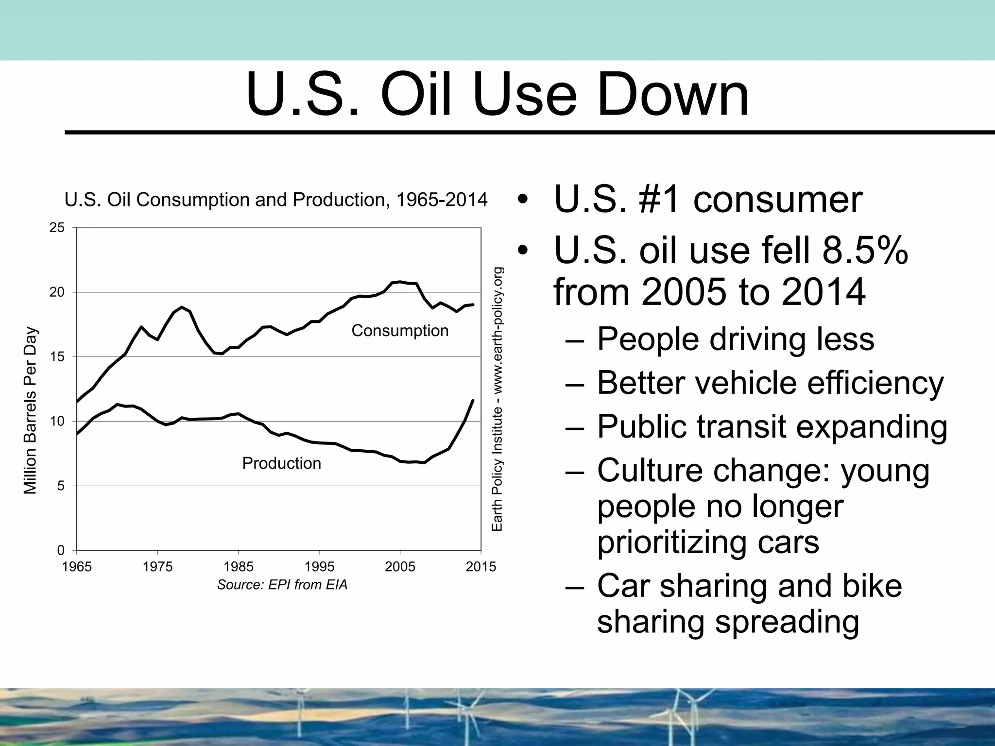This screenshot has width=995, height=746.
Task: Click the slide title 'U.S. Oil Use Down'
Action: point(497,95)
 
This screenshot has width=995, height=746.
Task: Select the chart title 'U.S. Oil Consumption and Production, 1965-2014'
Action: point(276,200)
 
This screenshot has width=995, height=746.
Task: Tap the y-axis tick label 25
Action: point(57,228)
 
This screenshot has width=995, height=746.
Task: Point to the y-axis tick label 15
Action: point(57,357)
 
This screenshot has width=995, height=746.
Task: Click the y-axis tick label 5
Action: point(61,486)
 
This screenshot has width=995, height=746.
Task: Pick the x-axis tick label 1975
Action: point(158,567)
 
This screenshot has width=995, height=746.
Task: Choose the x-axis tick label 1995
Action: point(319,567)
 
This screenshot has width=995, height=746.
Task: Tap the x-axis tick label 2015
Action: point(481,567)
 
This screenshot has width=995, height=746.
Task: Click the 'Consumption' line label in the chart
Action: point(400,331)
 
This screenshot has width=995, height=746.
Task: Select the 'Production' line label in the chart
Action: point(281,463)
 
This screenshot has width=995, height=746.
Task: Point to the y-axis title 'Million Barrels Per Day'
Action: point(30,410)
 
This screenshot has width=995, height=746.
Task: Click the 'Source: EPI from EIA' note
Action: point(282,585)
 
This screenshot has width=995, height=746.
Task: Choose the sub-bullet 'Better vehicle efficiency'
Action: point(770,383)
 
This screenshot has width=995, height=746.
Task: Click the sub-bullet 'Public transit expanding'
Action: point(772,426)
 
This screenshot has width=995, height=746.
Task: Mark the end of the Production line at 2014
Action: point(473,400)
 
